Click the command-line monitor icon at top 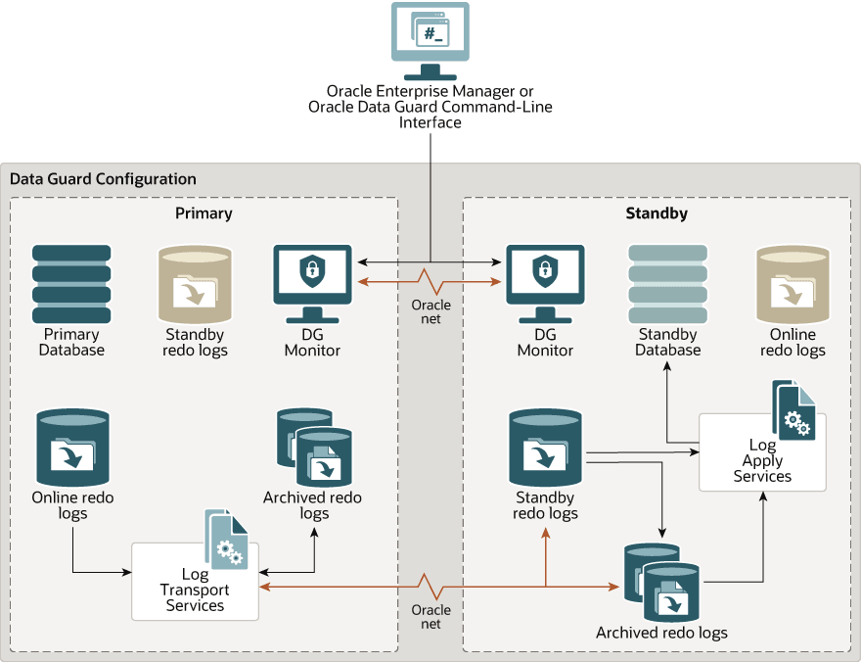[430, 39]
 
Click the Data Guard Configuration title [103, 179]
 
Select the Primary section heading [204, 213]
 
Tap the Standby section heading [657, 213]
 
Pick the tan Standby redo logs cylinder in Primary [195, 285]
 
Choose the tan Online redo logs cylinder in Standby [793, 285]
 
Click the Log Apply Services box [762, 455]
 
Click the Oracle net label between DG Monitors [430, 311]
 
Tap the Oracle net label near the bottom [430, 617]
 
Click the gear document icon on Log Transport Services [225, 539]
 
